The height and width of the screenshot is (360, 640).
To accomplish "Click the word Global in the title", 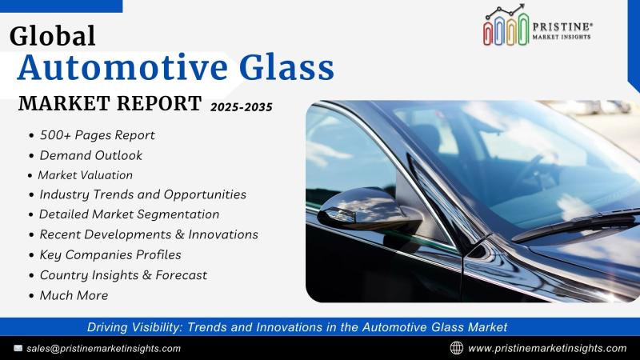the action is [x=52, y=36].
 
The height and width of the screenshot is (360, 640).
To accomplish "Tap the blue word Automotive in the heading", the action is [x=122, y=67].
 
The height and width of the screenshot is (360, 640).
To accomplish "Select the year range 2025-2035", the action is [x=242, y=107].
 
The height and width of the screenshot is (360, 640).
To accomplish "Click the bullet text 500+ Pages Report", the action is [x=97, y=135].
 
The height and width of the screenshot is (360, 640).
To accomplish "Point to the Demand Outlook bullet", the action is [x=91, y=155].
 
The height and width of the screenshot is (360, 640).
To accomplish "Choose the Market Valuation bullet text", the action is [x=86, y=175].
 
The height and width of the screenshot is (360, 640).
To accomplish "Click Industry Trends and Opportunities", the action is [x=143, y=194].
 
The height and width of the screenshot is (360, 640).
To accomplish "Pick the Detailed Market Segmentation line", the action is [x=130, y=214].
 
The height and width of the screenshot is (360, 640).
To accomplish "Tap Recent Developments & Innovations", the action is [x=149, y=234].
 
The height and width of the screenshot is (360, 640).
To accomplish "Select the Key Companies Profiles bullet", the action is [x=110, y=254].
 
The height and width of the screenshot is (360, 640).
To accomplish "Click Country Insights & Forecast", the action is [x=124, y=275].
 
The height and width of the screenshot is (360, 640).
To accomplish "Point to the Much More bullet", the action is [x=74, y=295].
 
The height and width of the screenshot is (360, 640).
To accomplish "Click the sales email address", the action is [x=104, y=349].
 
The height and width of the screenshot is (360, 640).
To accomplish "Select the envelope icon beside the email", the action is [x=18, y=348].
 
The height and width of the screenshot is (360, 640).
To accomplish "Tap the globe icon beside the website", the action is [x=457, y=348].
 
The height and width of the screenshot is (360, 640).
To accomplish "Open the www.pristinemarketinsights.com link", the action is [x=547, y=349].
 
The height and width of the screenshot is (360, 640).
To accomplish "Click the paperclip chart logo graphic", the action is [x=506, y=26].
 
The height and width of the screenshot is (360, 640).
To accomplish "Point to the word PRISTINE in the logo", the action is [x=562, y=27].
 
